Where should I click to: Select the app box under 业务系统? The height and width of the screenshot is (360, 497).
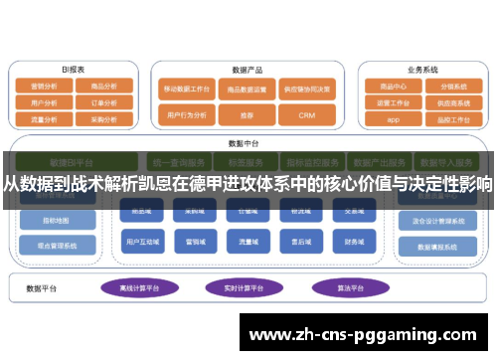(x=392, y=118)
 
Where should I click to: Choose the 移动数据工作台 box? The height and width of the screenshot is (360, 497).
(x=185, y=88)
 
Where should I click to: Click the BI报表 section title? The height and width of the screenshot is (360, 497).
(x=73, y=70)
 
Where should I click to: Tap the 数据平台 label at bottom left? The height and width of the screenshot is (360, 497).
(x=44, y=288)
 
